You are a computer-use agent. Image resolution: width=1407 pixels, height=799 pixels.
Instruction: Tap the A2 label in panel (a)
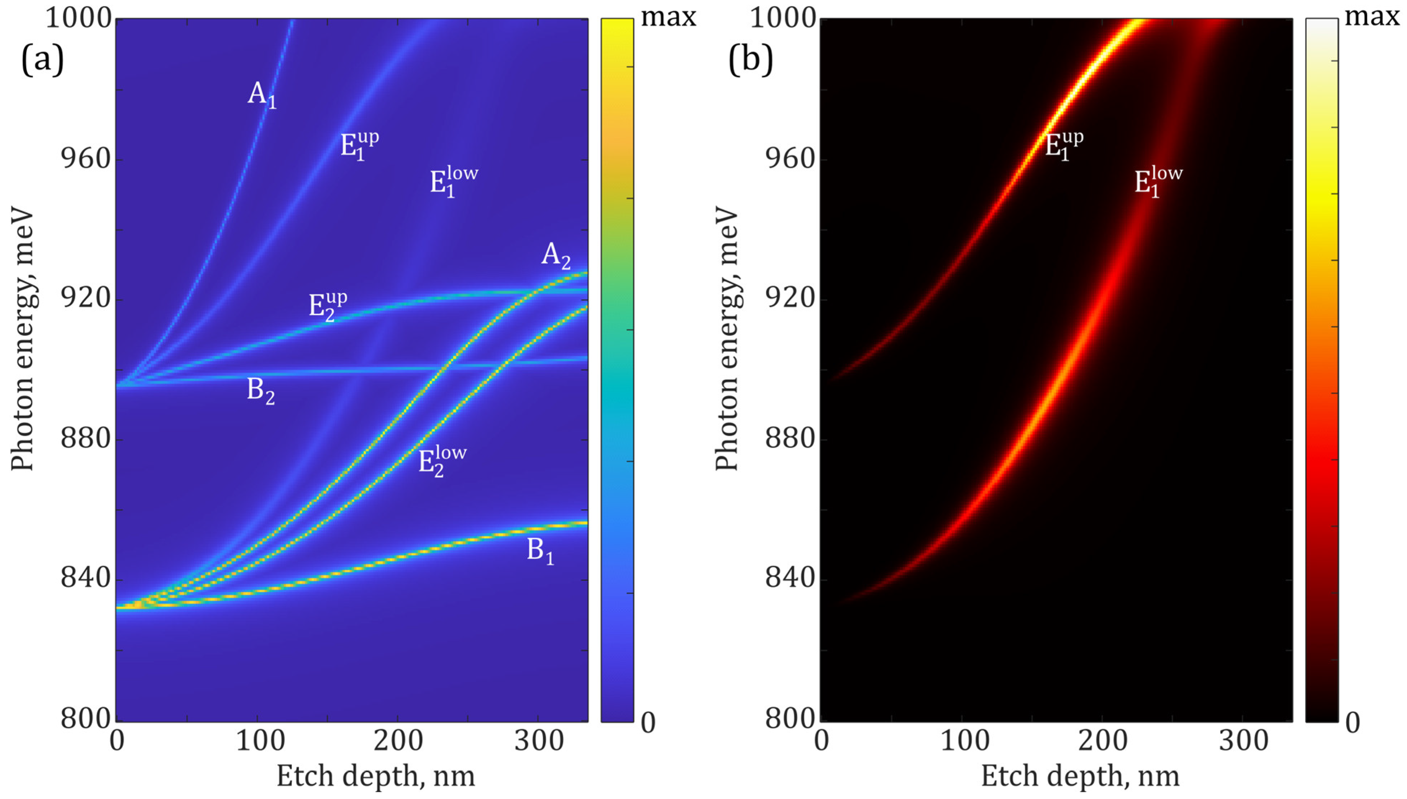(x=555, y=255)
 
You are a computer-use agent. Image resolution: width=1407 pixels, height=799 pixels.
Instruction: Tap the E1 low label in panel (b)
(x=1158, y=181)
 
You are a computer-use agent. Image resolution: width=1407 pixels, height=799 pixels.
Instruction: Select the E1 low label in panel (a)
(x=453, y=181)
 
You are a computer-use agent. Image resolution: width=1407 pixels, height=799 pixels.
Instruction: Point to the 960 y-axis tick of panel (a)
(x=86, y=159)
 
